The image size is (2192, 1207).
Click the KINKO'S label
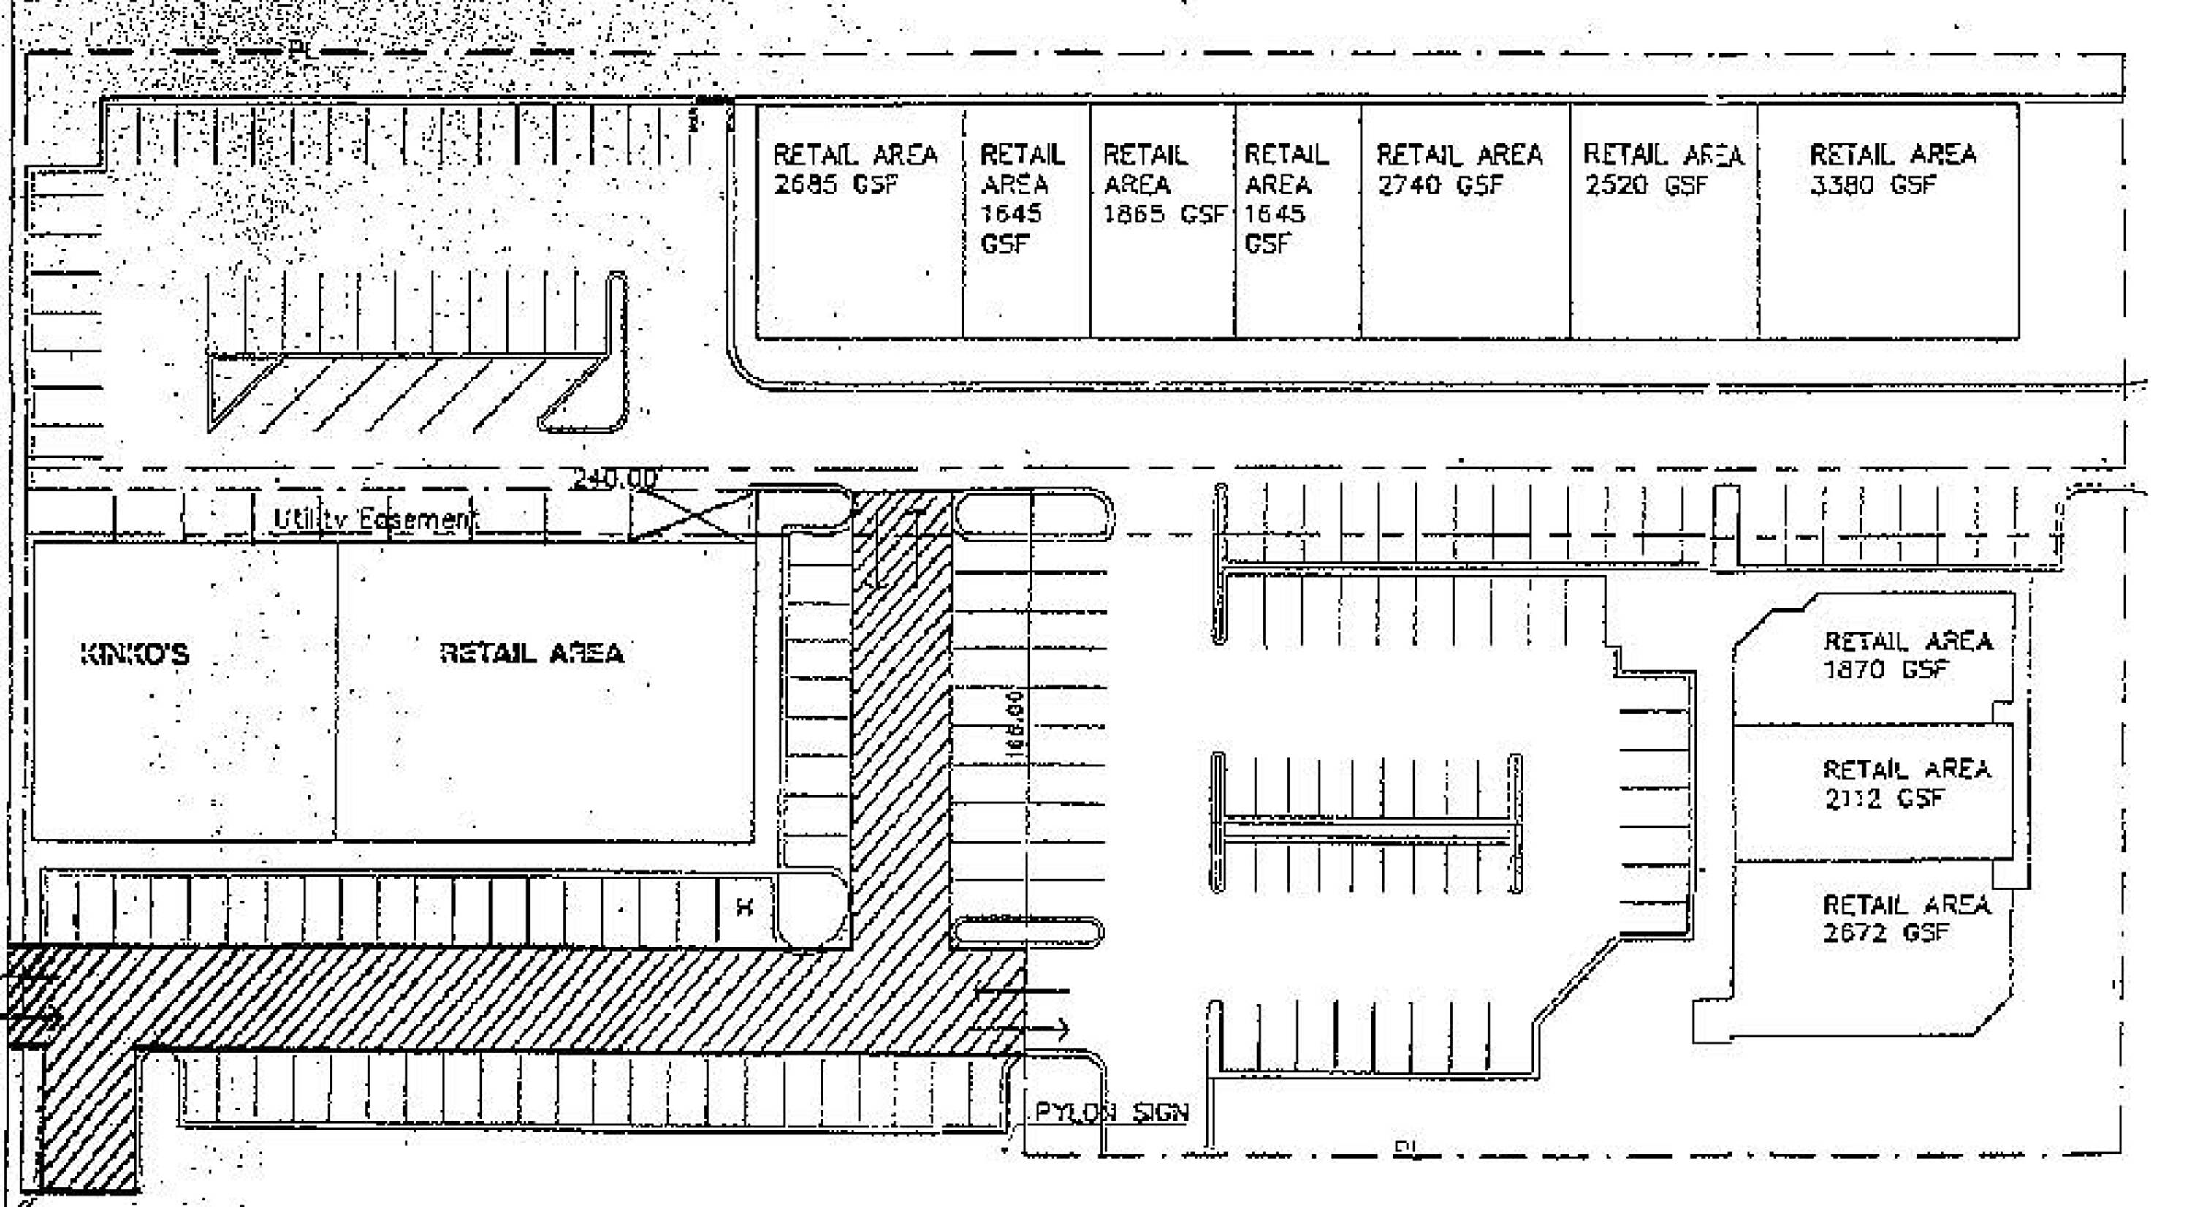pos(134,654)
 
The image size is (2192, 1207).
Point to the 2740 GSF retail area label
pos(1458,169)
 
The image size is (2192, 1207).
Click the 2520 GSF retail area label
pos(1662,169)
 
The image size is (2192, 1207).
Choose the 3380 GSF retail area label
pos(1892,169)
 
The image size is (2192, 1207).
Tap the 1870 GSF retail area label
pos(1906,654)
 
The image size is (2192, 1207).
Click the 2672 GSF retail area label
pos(1906,917)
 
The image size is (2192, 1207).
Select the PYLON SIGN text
pos(1111,1113)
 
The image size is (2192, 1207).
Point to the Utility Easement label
pos(374,518)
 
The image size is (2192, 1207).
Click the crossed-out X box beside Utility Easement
pos(691,515)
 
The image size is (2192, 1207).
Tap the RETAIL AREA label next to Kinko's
pos(532,653)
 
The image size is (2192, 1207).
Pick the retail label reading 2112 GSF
pos(1906,783)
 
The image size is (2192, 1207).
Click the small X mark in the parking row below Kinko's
pos(745,907)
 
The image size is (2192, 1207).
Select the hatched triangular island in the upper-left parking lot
pos(408,392)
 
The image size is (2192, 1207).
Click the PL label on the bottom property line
pos(1406,1149)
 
